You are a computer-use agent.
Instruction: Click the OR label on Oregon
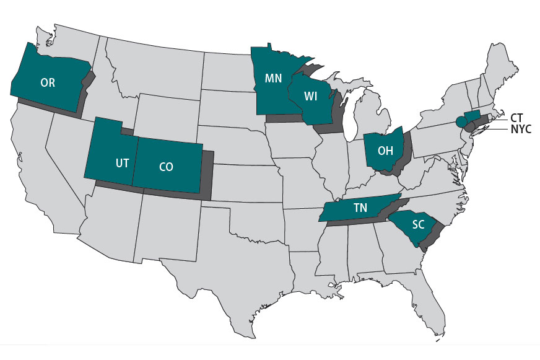(x=48, y=81)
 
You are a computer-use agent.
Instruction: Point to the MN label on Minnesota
(x=274, y=79)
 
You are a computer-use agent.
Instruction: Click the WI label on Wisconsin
(x=312, y=96)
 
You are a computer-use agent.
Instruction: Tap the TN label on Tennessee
(x=360, y=208)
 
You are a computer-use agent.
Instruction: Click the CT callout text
(x=518, y=117)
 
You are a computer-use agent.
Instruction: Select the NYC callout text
(x=521, y=130)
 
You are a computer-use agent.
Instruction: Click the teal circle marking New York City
(x=461, y=121)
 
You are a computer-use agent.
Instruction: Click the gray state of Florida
(x=427, y=291)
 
